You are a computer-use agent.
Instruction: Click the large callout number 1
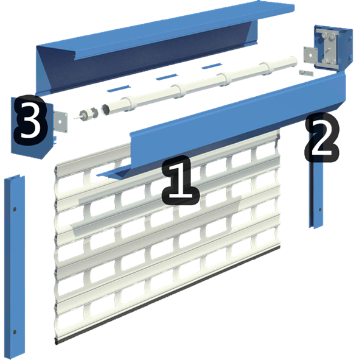pos(181,181)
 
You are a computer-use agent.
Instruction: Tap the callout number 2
pos(322,138)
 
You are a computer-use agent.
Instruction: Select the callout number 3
pos(30,120)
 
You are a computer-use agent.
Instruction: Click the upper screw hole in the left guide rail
pos(15,210)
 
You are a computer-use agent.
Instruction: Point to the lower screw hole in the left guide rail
pos(15,332)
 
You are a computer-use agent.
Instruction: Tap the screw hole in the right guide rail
pos(320,210)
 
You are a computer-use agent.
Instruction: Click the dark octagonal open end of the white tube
pos(106,109)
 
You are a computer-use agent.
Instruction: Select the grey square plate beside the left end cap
pos(61,122)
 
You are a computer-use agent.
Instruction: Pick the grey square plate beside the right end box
pos(310,55)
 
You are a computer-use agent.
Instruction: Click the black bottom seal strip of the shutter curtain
pos(167,295)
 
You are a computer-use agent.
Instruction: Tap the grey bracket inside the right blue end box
pos(328,49)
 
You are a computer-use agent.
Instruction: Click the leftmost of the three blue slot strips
pos(119,88)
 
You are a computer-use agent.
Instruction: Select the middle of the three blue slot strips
pos(167,77)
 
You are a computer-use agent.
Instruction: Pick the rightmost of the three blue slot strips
pos(212,66)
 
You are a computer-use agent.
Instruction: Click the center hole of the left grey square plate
pos(60,122)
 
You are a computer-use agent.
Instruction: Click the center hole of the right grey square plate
pos(310,55)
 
